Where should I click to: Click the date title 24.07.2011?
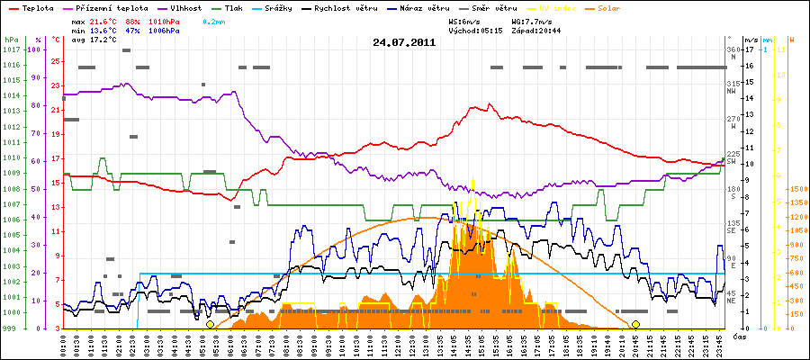404,41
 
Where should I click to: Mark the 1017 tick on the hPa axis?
11,49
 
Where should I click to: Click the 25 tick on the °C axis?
55,61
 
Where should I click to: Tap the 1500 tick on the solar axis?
797,189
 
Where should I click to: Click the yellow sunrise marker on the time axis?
210,324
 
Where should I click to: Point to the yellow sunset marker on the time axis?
635,324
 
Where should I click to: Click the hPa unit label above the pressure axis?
11,40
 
